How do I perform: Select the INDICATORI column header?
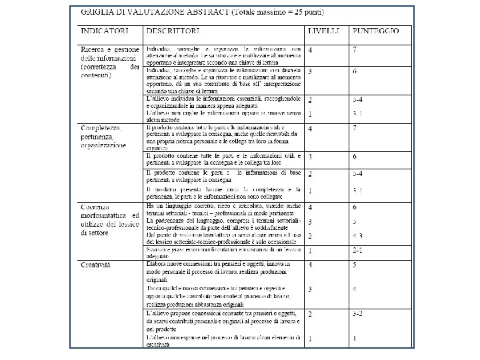[105, 31]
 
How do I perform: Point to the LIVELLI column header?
[323, 31]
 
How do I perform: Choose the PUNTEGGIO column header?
[376, 31]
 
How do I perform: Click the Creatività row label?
[96, 265]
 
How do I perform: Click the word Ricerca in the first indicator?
[94, 49]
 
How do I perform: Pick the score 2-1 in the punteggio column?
[359, 251]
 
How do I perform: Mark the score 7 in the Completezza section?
[355, 129]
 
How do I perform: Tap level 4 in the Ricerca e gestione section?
[311, 50]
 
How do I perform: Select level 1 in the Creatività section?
[310, 339]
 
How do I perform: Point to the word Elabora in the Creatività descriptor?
[159, 265]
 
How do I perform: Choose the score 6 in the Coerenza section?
[355, 207]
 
